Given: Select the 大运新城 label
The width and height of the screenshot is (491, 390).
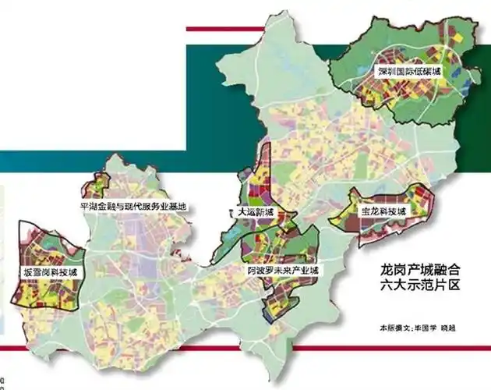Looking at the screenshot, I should (256, 211).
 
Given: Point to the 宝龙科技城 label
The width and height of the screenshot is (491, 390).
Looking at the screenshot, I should (383, 211).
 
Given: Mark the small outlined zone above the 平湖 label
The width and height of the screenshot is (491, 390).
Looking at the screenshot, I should (98, 186).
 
